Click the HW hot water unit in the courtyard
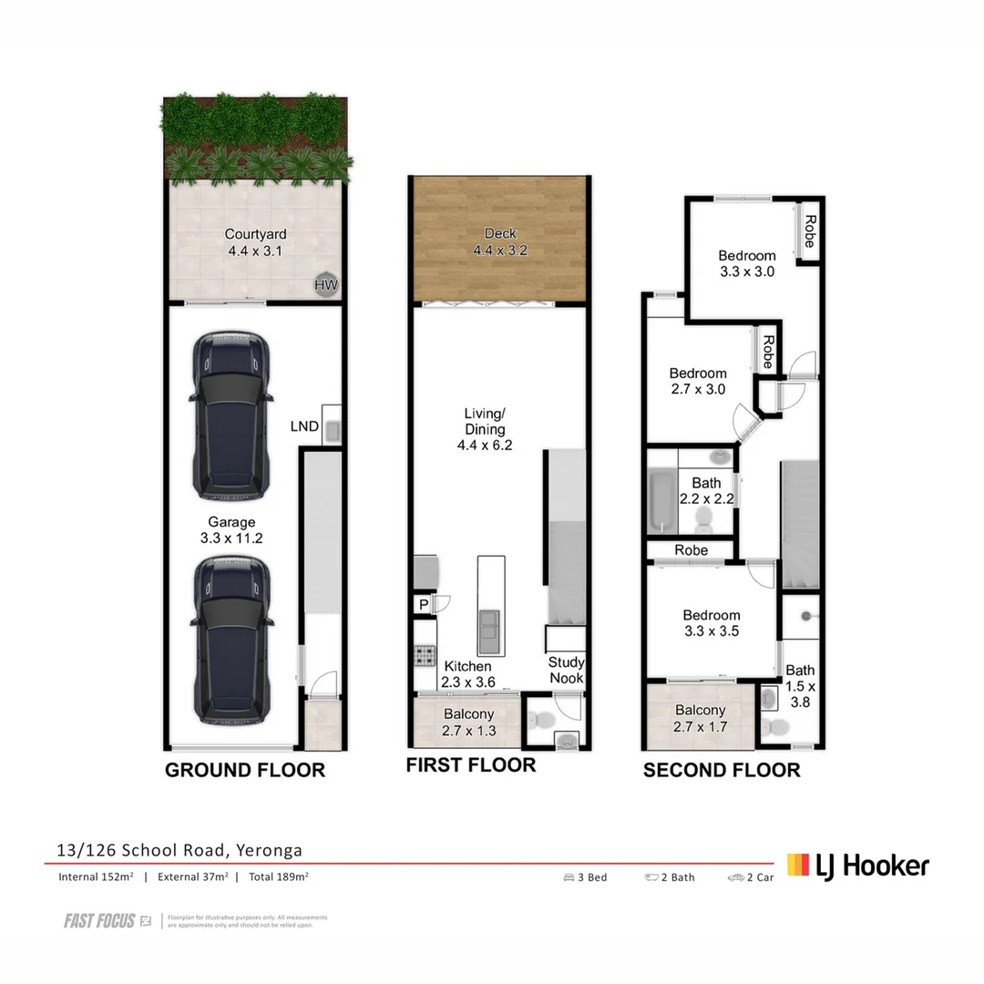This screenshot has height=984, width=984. (325, 285)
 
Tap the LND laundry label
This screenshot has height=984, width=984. (303, 425)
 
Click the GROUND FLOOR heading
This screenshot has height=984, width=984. (244, 770)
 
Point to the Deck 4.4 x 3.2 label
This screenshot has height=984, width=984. (499, 241)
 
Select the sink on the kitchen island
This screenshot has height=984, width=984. (490, 626)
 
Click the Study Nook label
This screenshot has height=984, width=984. (566, 670)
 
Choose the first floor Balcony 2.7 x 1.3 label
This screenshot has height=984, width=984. (468, 722)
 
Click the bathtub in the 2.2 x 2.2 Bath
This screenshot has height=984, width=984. (659, 501)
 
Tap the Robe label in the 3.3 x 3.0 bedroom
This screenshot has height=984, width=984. (808, 231)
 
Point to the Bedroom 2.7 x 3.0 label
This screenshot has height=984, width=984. (698, 381)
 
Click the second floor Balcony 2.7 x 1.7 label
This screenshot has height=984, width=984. (701, 718)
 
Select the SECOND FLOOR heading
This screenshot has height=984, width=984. (722, 770)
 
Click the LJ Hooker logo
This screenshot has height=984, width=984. (858, 865)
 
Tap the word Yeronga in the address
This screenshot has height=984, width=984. (270, 851)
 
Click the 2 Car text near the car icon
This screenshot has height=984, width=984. (760, 877)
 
